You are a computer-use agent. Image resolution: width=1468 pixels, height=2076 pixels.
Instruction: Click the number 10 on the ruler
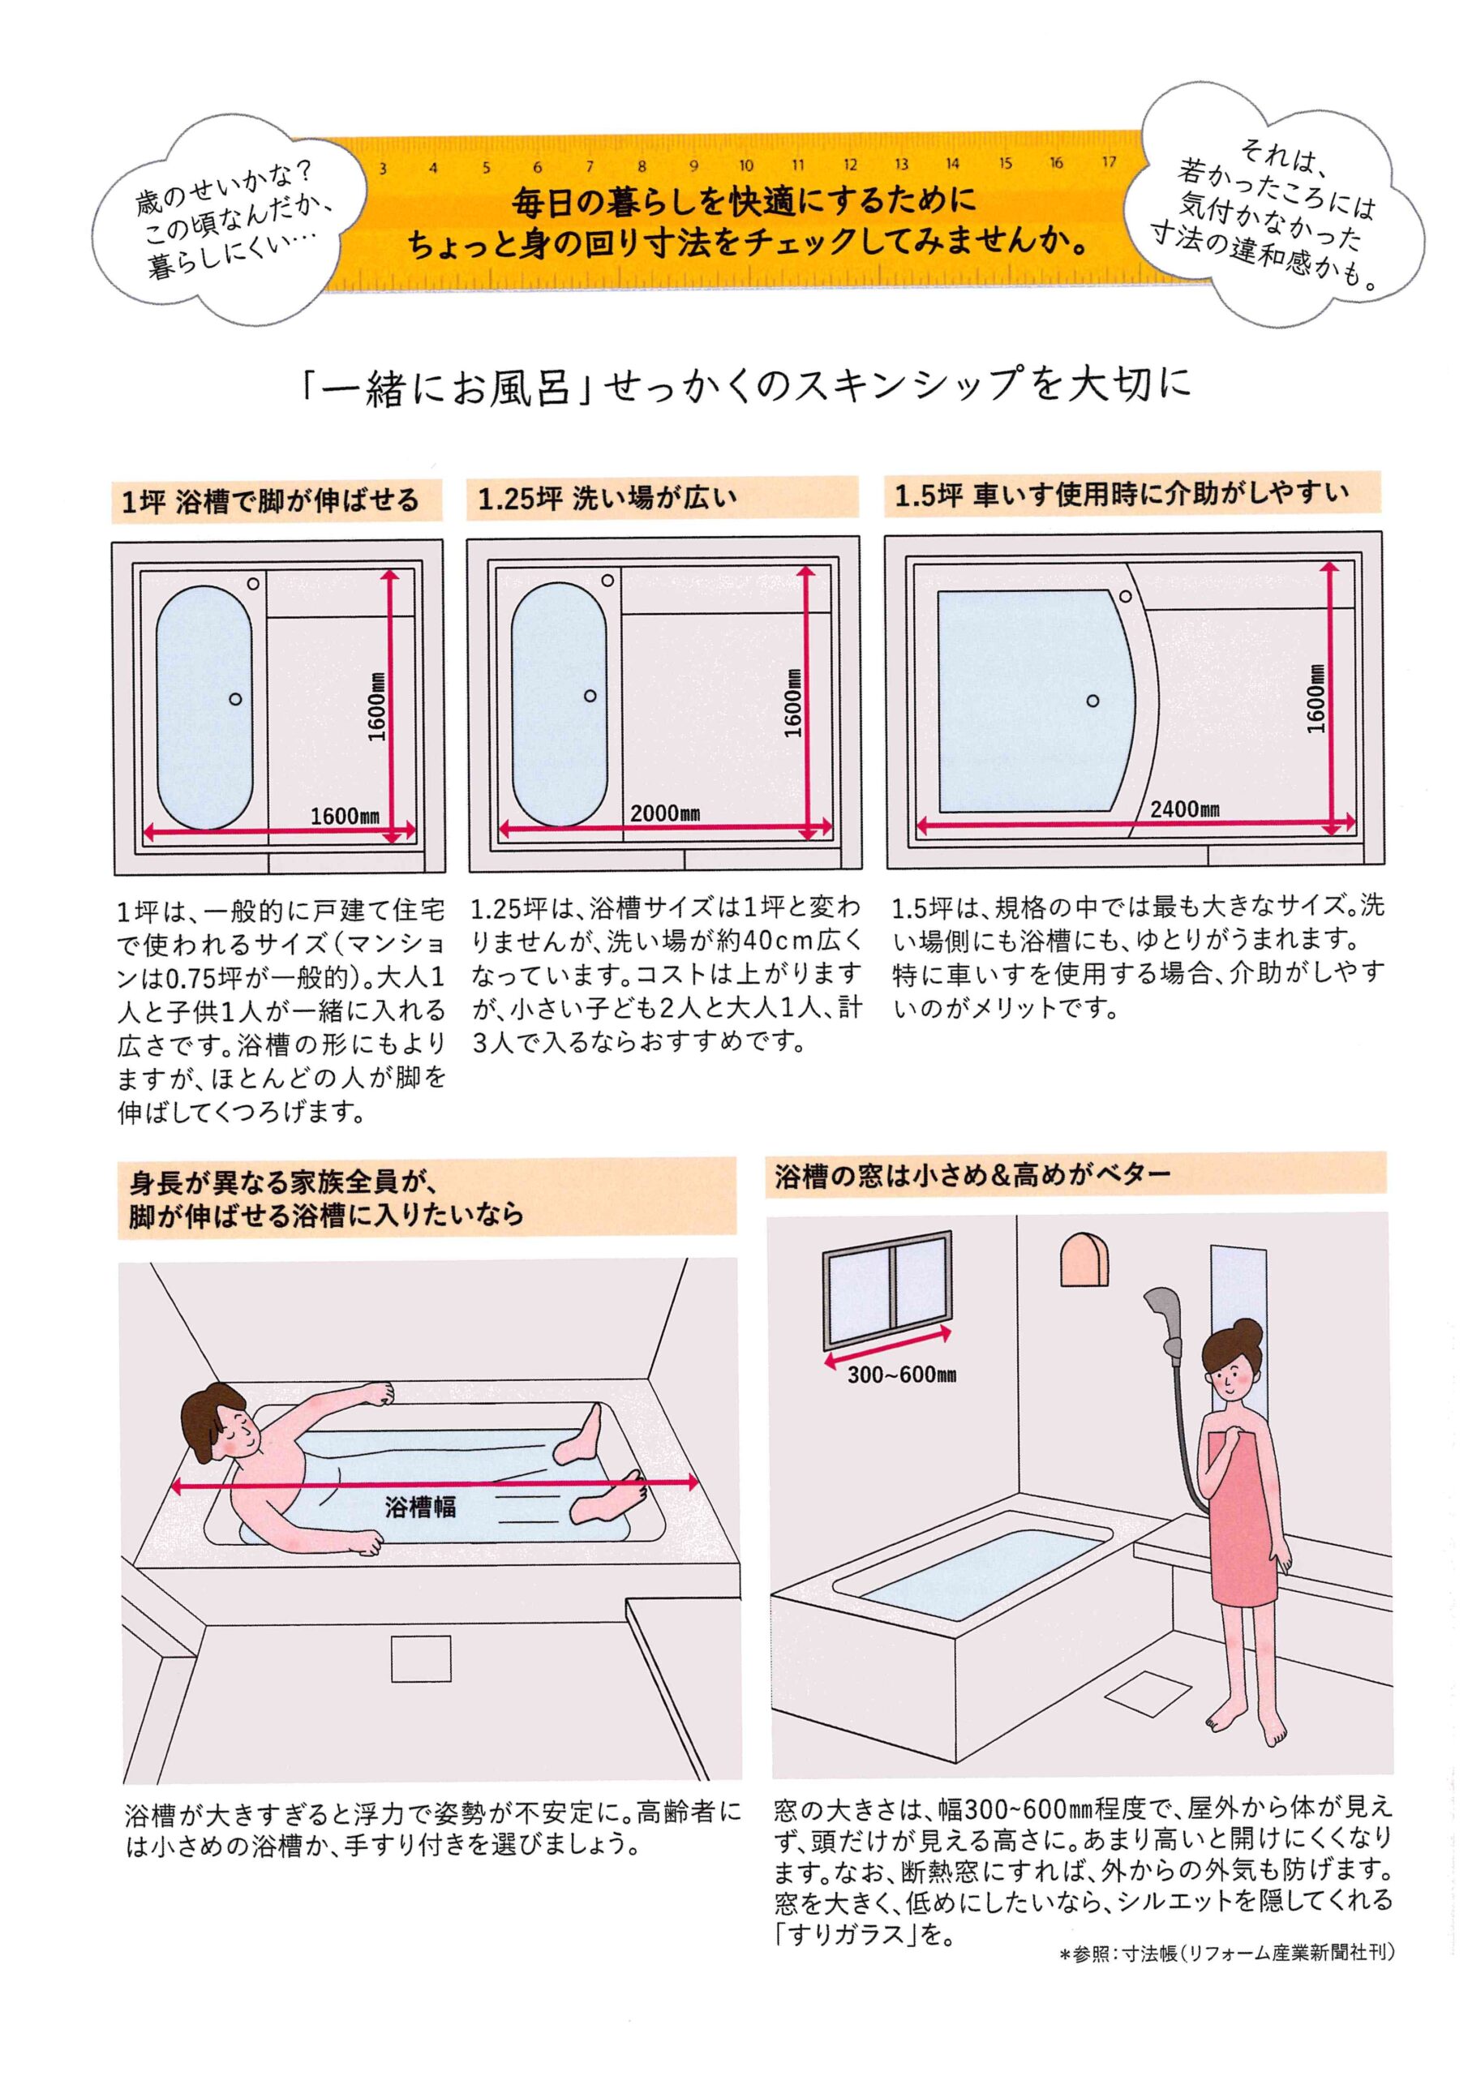[x=745, y=165]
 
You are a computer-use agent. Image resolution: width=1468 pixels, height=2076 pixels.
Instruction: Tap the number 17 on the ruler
[x=1109, y=163]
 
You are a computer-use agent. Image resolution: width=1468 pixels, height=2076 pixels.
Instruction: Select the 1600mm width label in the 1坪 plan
[x=345, y=816]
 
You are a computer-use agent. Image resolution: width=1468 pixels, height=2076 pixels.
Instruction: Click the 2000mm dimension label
[x=665, y=813]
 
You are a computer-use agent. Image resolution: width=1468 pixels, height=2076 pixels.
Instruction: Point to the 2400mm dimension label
[x=1185, y=809]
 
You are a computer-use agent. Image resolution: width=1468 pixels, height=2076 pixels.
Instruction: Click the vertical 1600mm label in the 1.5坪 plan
[x=1316, y=698]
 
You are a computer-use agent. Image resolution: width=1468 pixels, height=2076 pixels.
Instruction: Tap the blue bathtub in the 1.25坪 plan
[x=558, y=705]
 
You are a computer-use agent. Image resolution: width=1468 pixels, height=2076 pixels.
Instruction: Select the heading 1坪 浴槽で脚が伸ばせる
[x=270, y=500]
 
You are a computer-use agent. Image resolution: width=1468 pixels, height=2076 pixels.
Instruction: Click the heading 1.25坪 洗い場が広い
[x=607, y=498]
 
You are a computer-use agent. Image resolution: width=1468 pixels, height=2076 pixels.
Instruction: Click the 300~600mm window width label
[x=902, y=1375]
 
